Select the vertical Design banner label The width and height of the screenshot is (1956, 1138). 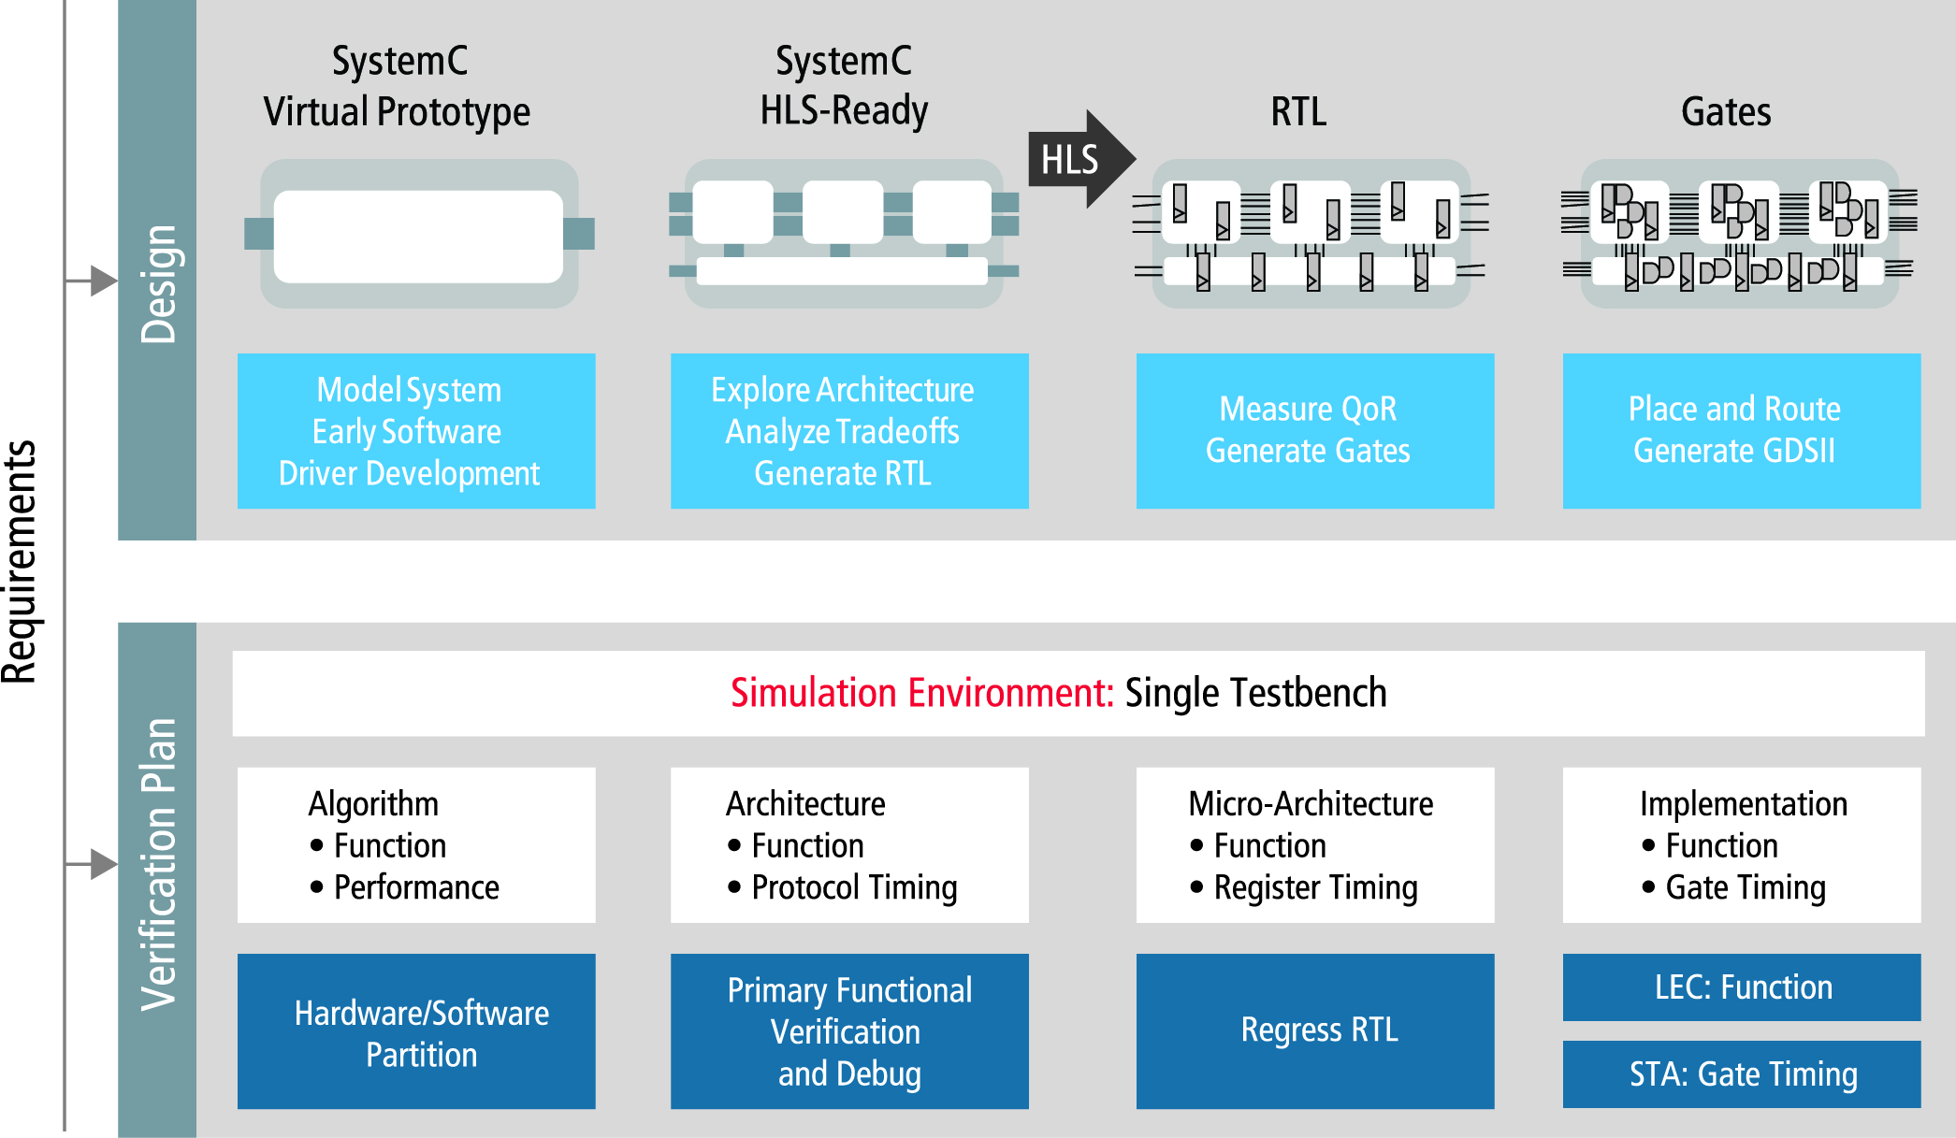[x=158, y=284]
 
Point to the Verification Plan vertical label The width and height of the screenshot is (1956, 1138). [x=158, y=864]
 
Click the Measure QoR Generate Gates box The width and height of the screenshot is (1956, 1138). [x=1314, y=430]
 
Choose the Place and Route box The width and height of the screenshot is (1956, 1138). [x=1741, y=430]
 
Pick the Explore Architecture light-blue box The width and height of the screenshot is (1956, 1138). [x=849, y=430]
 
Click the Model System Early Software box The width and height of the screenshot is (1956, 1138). [x=416, y=430]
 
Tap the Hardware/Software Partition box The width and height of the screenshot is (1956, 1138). [x=416, y=1031]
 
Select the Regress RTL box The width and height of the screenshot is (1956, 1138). [x=1314, y=1030]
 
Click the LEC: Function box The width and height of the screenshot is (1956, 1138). [x=1741, y=987]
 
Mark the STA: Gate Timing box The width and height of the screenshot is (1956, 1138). [x=1741, y=1074]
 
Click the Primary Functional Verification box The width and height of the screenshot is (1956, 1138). [x=849, y=1031]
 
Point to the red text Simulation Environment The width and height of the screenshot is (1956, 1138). [x=921, y=694]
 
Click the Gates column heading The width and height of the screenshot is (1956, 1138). [x=1726, y=112]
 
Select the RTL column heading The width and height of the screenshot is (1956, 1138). [x=1298, y=112]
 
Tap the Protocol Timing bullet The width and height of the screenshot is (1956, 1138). [x=853, y=887]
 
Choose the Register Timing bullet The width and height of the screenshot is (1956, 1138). [x=1314, y=887]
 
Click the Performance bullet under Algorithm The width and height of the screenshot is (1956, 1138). [x=415, y=887]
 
